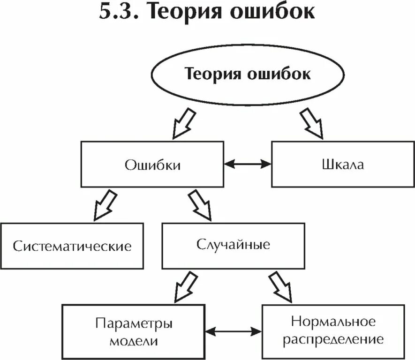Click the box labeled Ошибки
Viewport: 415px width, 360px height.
pyautogui.click(x=152, y=165)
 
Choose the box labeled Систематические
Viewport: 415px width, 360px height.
pyautogui.click(x=72, y=246)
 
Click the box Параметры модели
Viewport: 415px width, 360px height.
pyautogui.click(x=134, y=331)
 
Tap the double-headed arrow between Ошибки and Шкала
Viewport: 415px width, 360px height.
pyautogui.click(x=248, y=164)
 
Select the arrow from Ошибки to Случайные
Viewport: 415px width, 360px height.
pyautogui.click(x=200, y=205)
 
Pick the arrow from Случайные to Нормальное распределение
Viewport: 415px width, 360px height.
pyautogui.click(x=280, y=287)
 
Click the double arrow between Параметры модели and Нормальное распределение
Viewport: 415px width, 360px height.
pyautogui.click(x=233, y=331)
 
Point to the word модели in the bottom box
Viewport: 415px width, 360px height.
pyautogui.click(x=134, y=340)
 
